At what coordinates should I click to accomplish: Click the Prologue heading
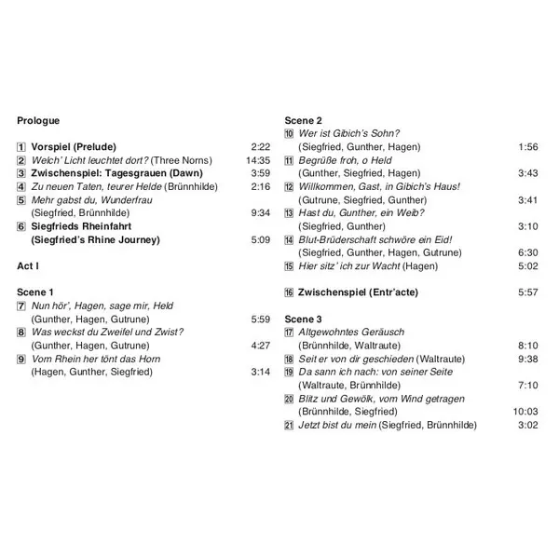tap(38, 121)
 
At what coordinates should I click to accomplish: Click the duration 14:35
tap(255, 160)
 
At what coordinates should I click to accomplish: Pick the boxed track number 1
tap(21, 147)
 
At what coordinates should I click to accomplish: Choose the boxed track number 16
tap(290, 292)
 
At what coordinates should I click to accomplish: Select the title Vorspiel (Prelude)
tap(76, 147)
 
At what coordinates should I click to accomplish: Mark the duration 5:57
tap(527, 292)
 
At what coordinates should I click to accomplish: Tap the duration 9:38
tap(527, 359)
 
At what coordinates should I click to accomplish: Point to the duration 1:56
tap(527, 147)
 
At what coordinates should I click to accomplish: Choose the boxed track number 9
tap(21, 359)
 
